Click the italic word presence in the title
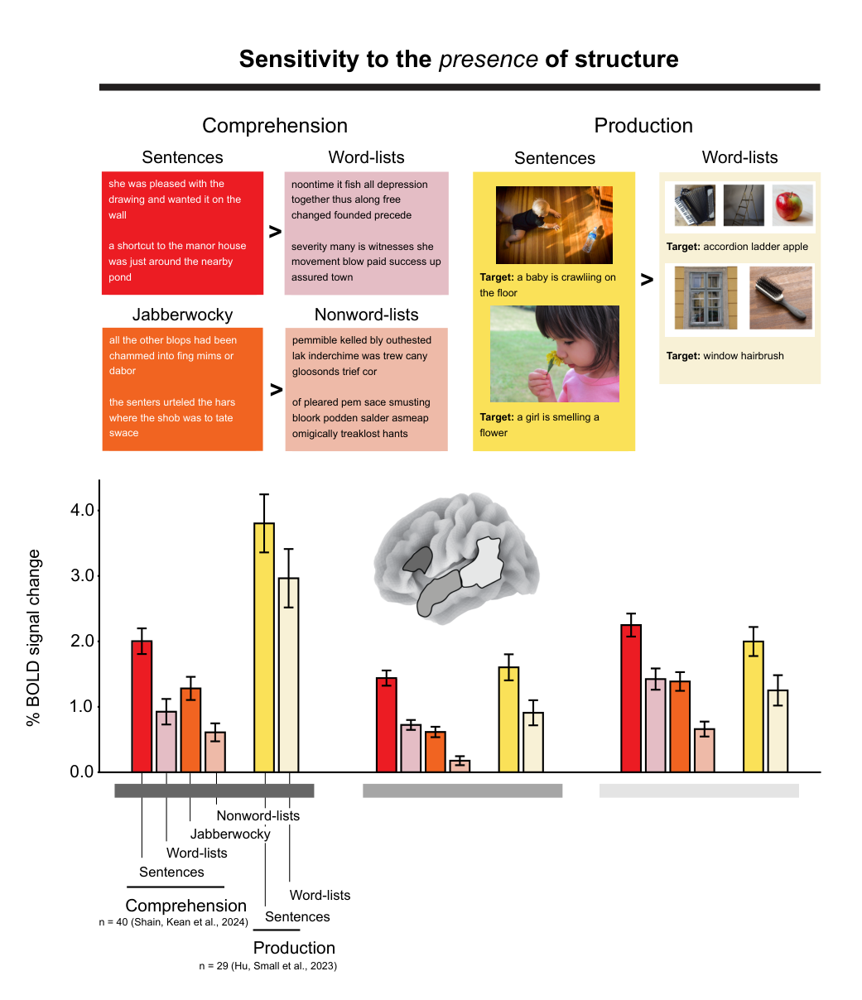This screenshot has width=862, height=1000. coord(488,60)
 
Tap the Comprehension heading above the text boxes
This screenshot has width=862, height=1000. coord(274,126)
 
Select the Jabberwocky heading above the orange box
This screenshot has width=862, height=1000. coord(182,315)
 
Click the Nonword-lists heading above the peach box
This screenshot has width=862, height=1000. coord(366,315)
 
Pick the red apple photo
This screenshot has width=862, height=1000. coord(792,205)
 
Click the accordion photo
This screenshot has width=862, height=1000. coord(695,205)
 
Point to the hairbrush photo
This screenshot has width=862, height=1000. coord(780,298)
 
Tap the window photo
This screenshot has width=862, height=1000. coord(705,298)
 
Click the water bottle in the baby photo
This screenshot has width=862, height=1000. coord(590,239)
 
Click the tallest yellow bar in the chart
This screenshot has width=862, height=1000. coord(264,647)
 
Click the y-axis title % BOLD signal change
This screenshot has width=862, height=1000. coord(33,637)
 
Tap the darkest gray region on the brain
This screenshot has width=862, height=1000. coord(418,560)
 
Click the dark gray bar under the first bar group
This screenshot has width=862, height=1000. coord(214,791)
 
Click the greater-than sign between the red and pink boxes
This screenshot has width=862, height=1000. coord(275,232)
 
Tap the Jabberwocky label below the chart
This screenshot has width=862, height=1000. coord(230,834)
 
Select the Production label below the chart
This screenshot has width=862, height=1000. coord(294,948)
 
